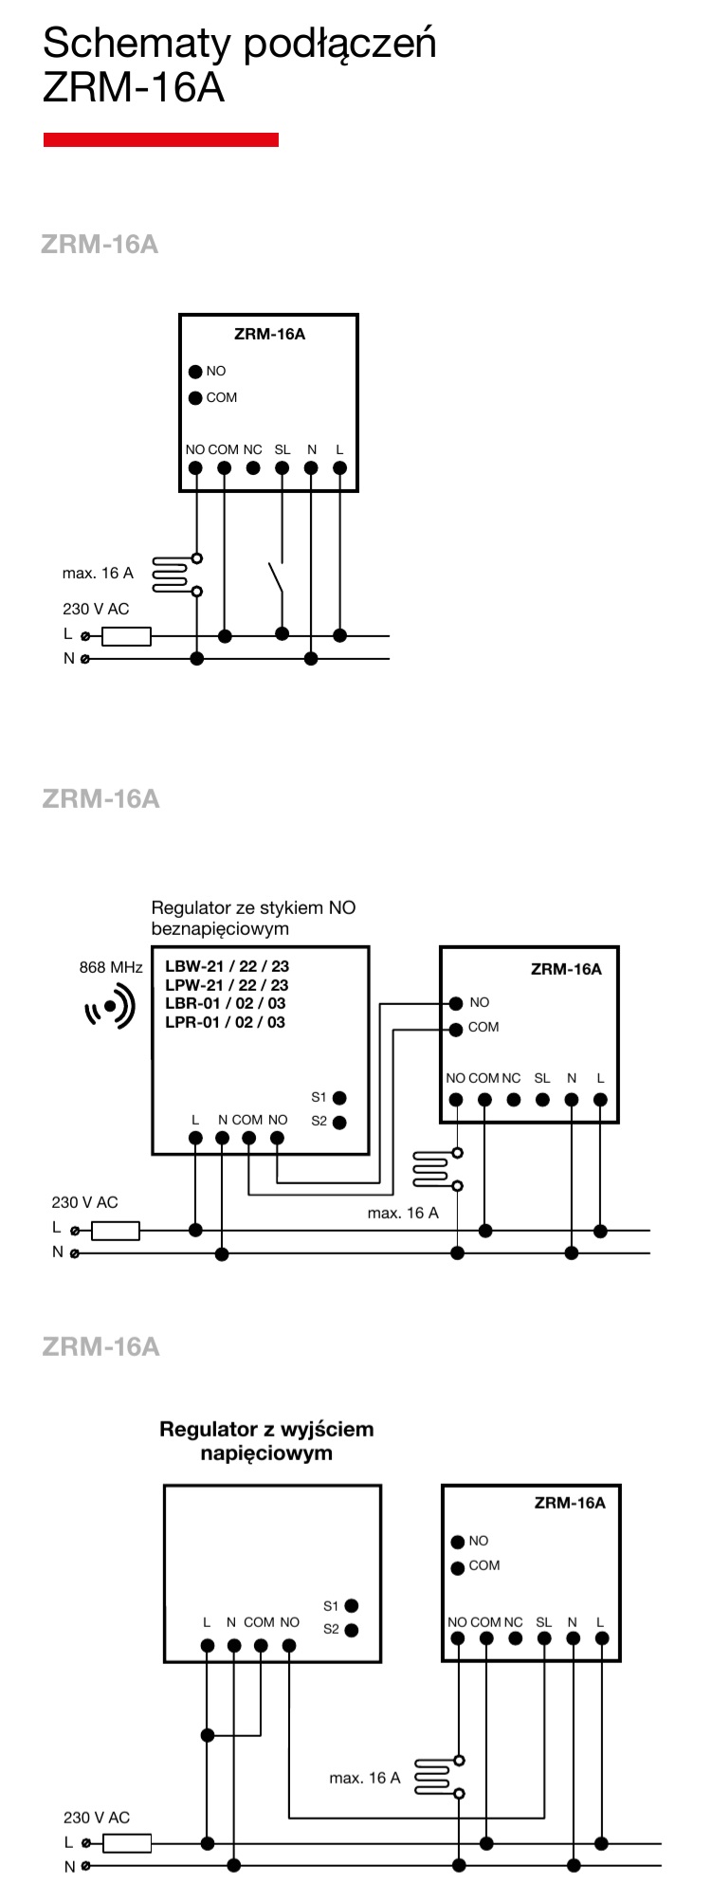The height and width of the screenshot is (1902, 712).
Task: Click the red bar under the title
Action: coord(161,139)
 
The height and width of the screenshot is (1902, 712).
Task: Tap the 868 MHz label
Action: coord(111,968)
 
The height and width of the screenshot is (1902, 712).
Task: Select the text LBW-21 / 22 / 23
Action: coord(227,967)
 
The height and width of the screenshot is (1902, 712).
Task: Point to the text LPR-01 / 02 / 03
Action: coord(225,1022)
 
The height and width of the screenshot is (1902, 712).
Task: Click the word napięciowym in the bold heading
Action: coord(266,1454)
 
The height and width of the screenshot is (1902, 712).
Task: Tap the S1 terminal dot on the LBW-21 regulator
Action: coord(339,1098)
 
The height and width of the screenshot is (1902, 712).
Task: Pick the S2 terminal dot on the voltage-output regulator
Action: coord(352,1631)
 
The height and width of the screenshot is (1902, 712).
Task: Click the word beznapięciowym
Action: coord(220,929)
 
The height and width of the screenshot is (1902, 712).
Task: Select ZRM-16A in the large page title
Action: coord(134,87)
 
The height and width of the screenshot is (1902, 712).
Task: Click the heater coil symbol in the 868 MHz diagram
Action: coord(431,1169)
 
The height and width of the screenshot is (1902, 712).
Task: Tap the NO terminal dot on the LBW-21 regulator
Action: coord(278,1138)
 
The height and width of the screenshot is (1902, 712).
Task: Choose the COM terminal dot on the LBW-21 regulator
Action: coord(248,1138)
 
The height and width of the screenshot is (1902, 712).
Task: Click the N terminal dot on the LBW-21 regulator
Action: coord(222,1138)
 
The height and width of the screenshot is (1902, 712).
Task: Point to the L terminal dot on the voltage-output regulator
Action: coord(208,1645)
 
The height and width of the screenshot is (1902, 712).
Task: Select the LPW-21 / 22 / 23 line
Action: coord(227,986)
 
